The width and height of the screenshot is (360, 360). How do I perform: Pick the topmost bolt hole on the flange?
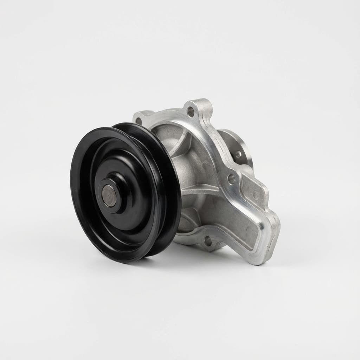[191, 111]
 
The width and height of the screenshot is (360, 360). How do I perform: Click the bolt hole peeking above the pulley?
[139, 121]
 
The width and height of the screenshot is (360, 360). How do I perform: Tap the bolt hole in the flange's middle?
[232, 179]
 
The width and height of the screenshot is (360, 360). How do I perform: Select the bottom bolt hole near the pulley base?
[207, 241]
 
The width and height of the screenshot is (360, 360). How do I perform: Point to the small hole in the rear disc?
[238, 154]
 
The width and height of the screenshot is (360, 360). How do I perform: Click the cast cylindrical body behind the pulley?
[190, 165]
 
